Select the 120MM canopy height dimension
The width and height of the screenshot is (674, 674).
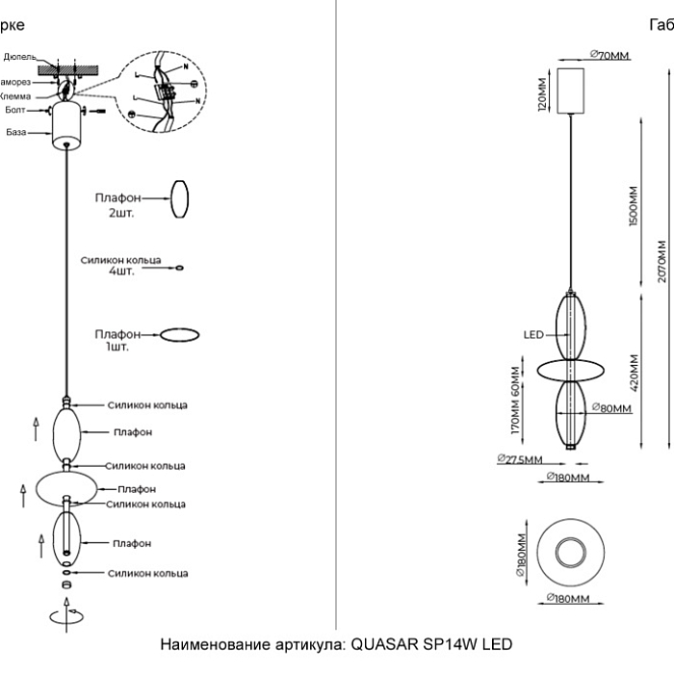541,94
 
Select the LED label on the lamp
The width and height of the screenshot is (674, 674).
533,334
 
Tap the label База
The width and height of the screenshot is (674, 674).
15,132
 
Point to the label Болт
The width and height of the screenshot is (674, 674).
15,113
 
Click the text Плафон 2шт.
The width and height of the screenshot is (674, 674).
120,204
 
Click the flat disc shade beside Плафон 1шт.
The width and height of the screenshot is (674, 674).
179,334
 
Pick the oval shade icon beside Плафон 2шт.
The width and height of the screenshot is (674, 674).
180,200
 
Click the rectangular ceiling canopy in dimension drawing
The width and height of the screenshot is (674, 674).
572,89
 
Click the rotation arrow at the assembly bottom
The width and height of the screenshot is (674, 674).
66,611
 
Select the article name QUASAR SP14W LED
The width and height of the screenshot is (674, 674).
336,643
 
